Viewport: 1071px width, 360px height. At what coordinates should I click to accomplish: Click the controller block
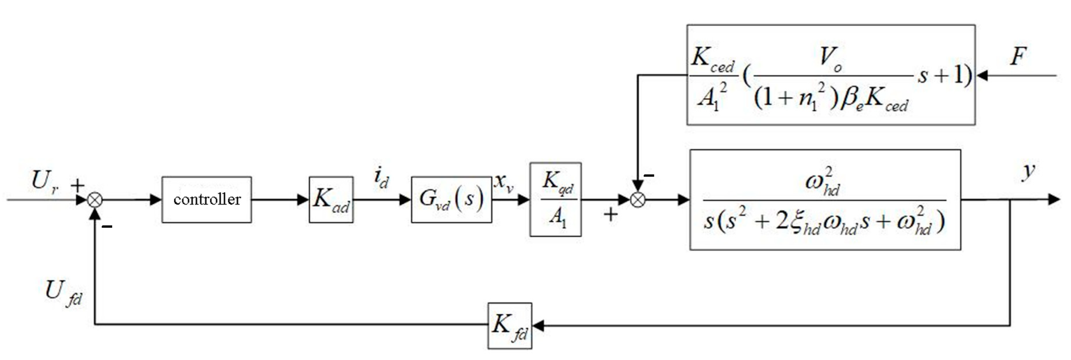(207, 200)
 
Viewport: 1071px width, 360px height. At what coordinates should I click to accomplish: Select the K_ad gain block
(331, 200)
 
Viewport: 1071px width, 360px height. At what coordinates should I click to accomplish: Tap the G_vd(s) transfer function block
(451, 200)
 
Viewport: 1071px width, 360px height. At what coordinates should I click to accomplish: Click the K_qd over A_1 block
(555, 200)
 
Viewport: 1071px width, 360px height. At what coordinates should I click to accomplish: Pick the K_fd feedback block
(510, 325)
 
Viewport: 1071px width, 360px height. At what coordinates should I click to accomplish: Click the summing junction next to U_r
(95, 200)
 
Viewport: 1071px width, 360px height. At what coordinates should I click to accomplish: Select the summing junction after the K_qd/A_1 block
(638, 200)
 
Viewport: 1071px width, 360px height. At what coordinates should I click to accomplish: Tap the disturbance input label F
(1019, 56)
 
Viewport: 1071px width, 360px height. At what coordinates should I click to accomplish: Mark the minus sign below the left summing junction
(107, 227)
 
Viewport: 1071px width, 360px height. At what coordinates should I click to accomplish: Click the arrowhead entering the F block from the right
(982, 76)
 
